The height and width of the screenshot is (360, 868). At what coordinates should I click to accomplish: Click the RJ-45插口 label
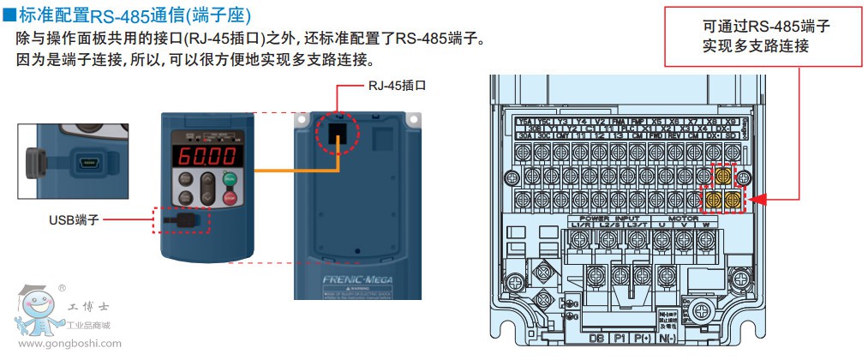397,86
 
